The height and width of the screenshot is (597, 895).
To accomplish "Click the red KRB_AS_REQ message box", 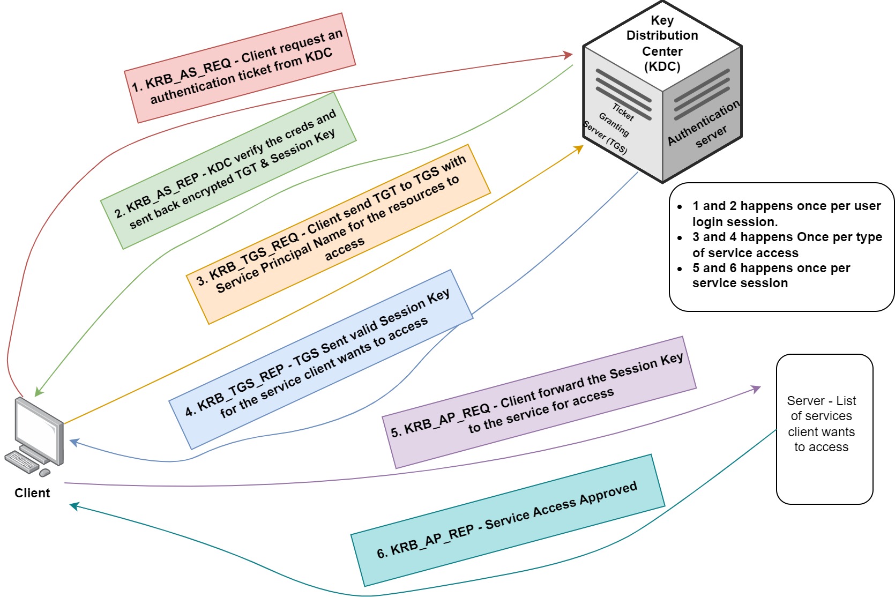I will [x=240, y=68].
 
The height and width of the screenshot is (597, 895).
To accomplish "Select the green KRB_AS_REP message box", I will [x=228, y=170].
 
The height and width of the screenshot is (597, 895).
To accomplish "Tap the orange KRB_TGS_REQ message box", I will [x=338, y=234].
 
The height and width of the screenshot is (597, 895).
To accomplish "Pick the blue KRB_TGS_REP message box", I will [x=320, y=359].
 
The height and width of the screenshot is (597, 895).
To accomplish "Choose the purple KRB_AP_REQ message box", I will [x=539, y=402].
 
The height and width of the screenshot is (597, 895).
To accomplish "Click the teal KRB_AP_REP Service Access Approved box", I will [x=507, y=520].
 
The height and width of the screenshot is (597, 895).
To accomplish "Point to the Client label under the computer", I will [x=32, y=493].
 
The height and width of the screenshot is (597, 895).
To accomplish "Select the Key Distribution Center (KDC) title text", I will [x=662, y=43].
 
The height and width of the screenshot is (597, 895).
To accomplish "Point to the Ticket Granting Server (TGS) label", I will [x=611, y=129].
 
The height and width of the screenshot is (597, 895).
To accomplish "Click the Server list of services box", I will [x=824, y=429].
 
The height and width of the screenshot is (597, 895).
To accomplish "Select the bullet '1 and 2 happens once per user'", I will [x=786, y=213].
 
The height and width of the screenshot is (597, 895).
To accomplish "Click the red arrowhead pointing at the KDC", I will [x=569, y=55].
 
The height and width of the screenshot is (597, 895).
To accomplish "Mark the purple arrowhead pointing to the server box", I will [x=756, y=388].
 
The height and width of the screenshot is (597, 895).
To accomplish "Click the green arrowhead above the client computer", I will [x=38, y=393].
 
